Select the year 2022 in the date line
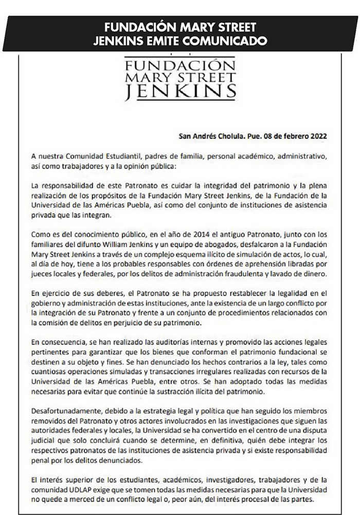[317, 137]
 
